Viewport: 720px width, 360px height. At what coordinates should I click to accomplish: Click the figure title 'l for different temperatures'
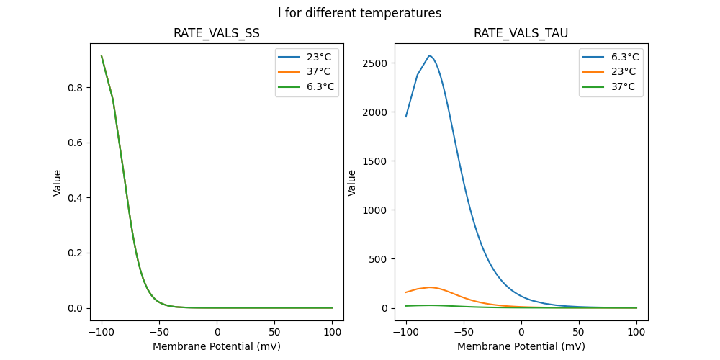coord(359,13)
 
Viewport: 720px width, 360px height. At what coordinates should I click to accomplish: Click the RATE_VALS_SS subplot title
coord(217,33)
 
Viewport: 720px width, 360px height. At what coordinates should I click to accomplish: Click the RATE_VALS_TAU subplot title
coord(521,33)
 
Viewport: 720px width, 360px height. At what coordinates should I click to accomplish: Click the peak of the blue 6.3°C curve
coord(429,55)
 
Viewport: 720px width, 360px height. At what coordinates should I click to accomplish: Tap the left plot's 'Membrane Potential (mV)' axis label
coord(217,346)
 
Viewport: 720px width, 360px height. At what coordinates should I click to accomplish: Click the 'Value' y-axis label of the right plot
coord(352,182)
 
